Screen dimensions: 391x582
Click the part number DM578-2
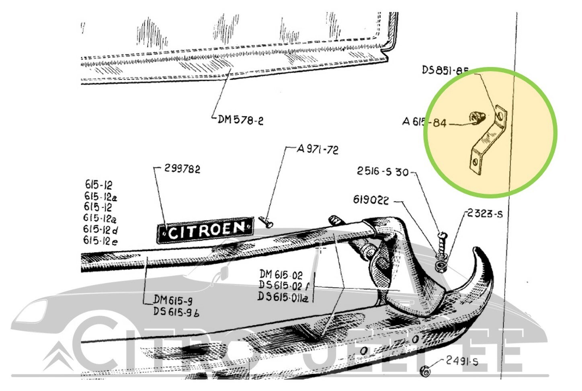tap(241, 120)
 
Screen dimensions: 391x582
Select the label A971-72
tap(318, 150)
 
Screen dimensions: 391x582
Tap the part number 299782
tap(182, 169)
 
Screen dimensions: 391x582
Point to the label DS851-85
tap(445, 70)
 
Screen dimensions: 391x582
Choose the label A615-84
tap(424, 122)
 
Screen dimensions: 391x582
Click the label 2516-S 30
tap(383, 172)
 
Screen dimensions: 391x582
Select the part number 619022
tap(371, 200)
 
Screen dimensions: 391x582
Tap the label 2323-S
tap(485, 214)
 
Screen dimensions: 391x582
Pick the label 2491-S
tap(462, 362)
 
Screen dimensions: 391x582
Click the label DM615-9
tap(173, 300)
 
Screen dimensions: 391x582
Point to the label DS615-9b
tap(176, 312)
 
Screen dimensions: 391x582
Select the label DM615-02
tap(281, 275)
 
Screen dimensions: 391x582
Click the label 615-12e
tap(100, 241)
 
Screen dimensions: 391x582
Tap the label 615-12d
tap(100, 230)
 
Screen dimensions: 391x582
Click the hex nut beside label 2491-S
tap(427, 371)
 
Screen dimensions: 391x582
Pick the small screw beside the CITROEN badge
tap(266, 220)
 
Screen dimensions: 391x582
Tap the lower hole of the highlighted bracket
tap(476, 163)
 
